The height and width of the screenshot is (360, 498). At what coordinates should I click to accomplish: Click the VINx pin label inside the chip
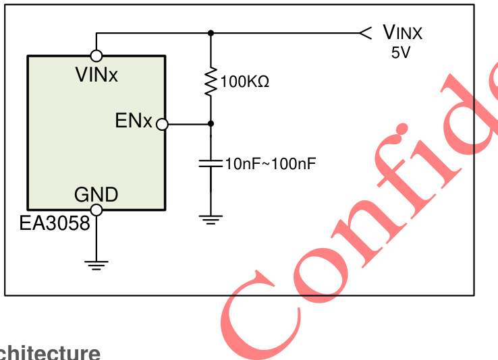click(96, 74)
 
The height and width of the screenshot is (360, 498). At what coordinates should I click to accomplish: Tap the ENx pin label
click(134, 121)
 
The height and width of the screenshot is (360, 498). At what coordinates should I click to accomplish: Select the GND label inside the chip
click(96, 195)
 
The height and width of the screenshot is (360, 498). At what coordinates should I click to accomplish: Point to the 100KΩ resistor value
click(245, 83)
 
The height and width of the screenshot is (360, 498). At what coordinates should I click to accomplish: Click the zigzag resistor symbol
click(211, 81)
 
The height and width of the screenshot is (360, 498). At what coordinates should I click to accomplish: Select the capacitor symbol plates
click(211, 163)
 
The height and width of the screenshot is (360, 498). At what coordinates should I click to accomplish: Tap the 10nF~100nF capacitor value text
click(271, 164)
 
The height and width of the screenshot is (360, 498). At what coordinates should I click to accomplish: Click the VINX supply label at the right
click(402, 32)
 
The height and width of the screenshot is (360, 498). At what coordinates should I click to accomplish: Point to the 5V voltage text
click(400, 53)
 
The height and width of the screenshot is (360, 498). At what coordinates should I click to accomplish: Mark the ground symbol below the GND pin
click(97, 265)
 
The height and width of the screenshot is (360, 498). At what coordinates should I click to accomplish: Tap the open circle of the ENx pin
click(161, 124)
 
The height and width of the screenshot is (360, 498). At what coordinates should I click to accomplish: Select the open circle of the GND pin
click(96, 210)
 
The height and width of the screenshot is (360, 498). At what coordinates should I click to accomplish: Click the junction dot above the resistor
click(211, 32)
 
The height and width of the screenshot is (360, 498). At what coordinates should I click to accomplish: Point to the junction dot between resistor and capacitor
click(211, 124)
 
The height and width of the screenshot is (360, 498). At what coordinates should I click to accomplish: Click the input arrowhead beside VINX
click(365, 32)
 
